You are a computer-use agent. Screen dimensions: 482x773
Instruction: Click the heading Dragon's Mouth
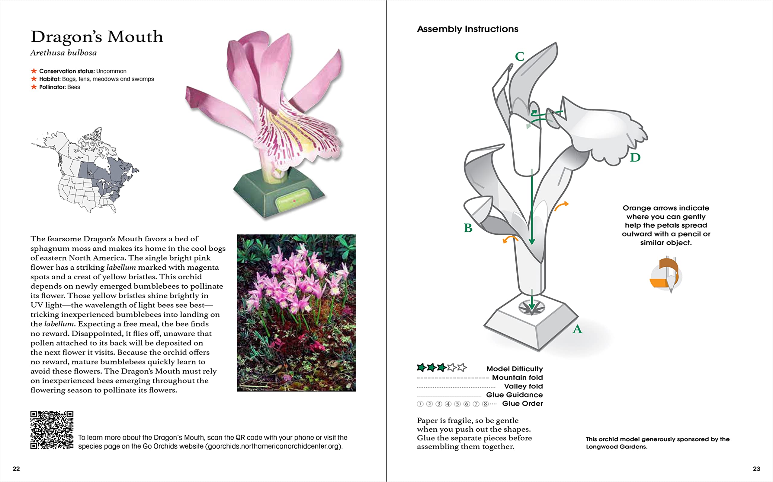[x=97, y=37]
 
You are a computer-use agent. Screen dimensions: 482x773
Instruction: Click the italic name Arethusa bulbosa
[x=63, y=53]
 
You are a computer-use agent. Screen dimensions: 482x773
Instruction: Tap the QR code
[x=52, y=430]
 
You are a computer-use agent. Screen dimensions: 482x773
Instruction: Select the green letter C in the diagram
[x=520, y=57]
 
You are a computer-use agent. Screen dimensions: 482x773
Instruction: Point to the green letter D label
[x=635, y=157]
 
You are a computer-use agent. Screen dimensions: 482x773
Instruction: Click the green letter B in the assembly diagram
[x=468, y=228]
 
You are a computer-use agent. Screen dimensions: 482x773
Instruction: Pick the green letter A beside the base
[x=577, y=329]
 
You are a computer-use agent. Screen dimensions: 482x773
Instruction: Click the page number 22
[x=16, y=469]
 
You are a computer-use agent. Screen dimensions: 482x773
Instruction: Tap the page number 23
[x=756, y=469]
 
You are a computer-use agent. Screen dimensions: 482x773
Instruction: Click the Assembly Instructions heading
[x=467, y=29]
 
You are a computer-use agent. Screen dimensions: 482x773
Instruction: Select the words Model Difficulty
[x=514, y=369]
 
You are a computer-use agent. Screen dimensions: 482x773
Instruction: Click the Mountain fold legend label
[x=517, y=377]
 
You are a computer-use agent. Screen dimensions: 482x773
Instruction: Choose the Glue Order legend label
[x=522, y=404]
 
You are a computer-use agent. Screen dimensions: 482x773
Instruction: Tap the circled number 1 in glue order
[x=420, y=404]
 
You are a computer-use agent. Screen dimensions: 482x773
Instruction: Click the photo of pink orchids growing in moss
[x=296, y=313]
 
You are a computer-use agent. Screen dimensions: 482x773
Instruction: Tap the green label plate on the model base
[x=293, y=200]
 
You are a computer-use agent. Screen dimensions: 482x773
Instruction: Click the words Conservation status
[x=67, y=71]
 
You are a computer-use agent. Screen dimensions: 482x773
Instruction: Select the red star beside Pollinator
[x=34, y=87]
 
